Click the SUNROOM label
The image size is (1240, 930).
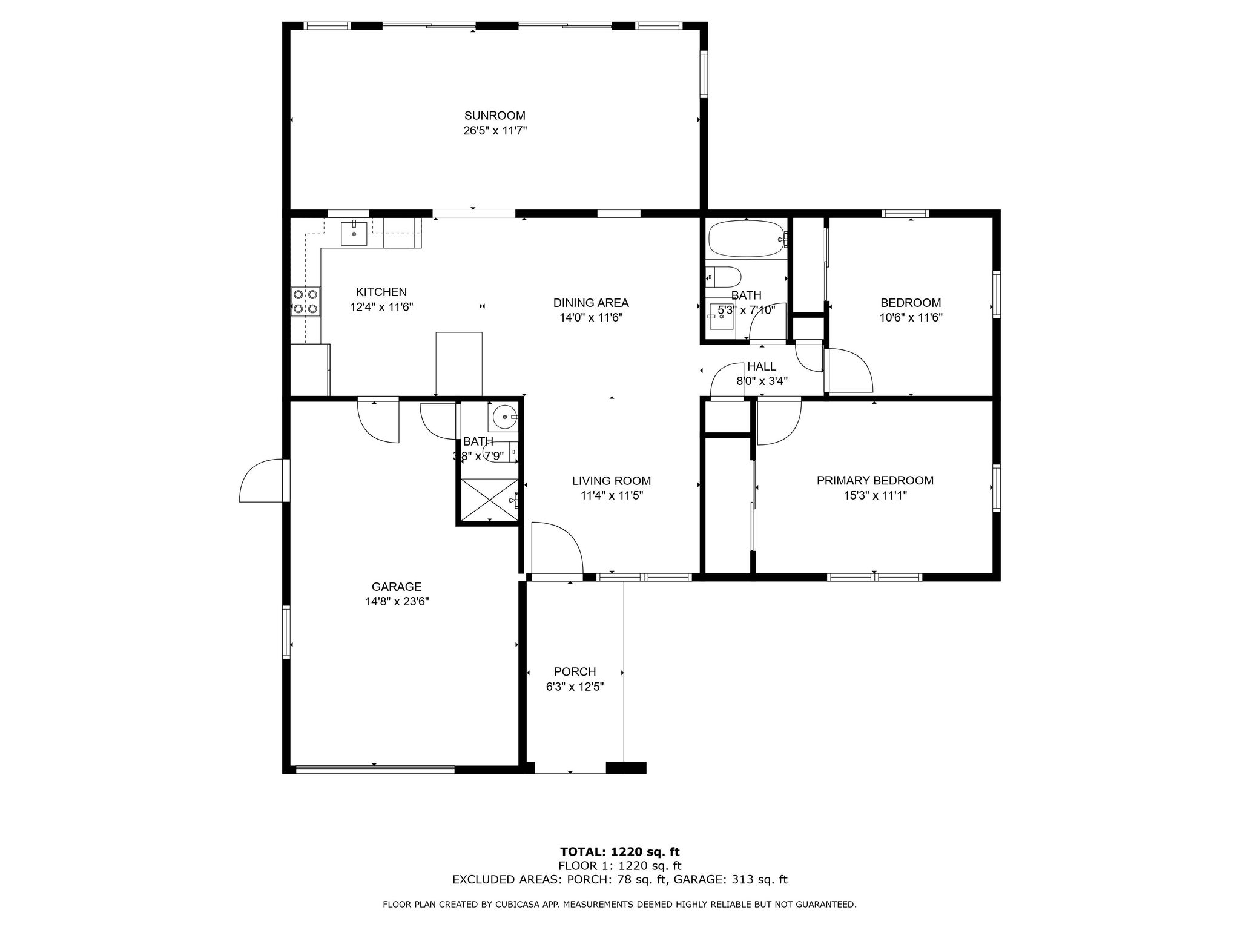495,116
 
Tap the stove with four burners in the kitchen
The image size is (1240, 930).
305,302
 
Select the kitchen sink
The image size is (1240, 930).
354,233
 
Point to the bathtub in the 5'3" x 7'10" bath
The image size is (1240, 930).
746,239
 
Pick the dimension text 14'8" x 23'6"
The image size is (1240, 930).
397,601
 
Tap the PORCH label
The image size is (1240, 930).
575,671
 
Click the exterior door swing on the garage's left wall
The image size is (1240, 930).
262,482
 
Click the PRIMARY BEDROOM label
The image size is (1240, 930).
875,480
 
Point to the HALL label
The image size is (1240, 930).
761,366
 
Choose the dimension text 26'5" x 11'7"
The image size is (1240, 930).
495,131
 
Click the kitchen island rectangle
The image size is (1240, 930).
459,363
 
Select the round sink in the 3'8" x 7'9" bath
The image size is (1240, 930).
503,417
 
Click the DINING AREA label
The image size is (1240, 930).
591,303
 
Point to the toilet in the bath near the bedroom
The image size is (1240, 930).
724,277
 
